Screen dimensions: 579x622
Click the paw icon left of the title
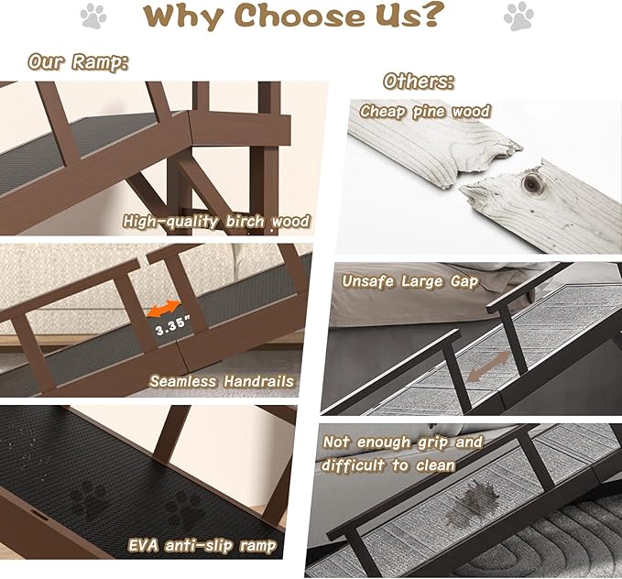click(x=93, y=16)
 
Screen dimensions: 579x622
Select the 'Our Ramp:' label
click(x=78, y=61)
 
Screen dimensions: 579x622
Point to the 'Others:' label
click(x=418, y=81)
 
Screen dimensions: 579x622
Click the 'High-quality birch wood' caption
click(x=216, y=221)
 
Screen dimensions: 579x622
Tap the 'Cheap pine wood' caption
click(x=425, y=112)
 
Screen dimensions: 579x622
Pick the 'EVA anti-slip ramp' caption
click(x=202, y=547)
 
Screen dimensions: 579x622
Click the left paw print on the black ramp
click(x=90, y=500)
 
